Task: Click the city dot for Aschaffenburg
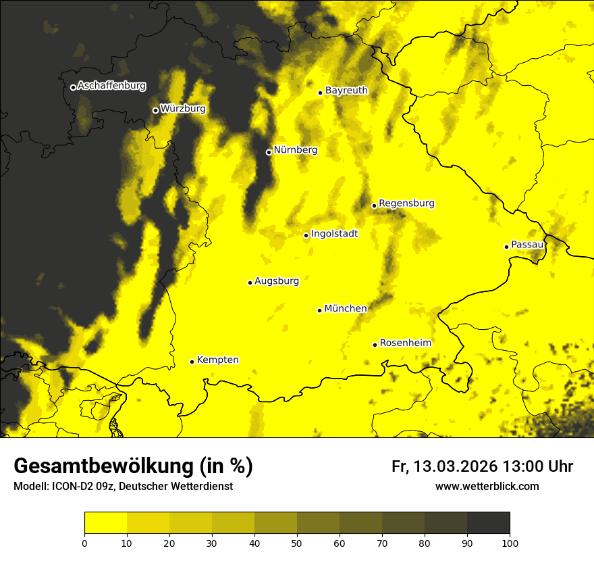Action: [x=73, y=87]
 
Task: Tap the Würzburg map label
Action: [x=183, y=109]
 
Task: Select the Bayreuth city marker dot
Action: [x=321, y=93]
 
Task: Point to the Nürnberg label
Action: [x=296, y=150]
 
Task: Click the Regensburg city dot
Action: [x=374, y=205]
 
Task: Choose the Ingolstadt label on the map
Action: [x=335, y=234]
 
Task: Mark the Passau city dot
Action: [x=506, y=247]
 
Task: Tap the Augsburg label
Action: [x=277, y=281]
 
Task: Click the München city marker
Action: [x=319, y=310]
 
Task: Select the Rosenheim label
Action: [x=406, y=343]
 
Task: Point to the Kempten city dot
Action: [x=192, y=362]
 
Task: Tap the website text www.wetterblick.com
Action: [x=487, y=487]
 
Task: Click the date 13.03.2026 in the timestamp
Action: [x=456, y=466]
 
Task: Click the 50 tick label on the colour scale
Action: [x=297, y=543]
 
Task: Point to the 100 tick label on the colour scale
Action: [x=510, y=543]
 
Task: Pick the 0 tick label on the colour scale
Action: [x=84, y=543]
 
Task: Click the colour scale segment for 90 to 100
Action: [x=488, y=523]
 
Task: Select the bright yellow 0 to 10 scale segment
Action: [x=105, y=523]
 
